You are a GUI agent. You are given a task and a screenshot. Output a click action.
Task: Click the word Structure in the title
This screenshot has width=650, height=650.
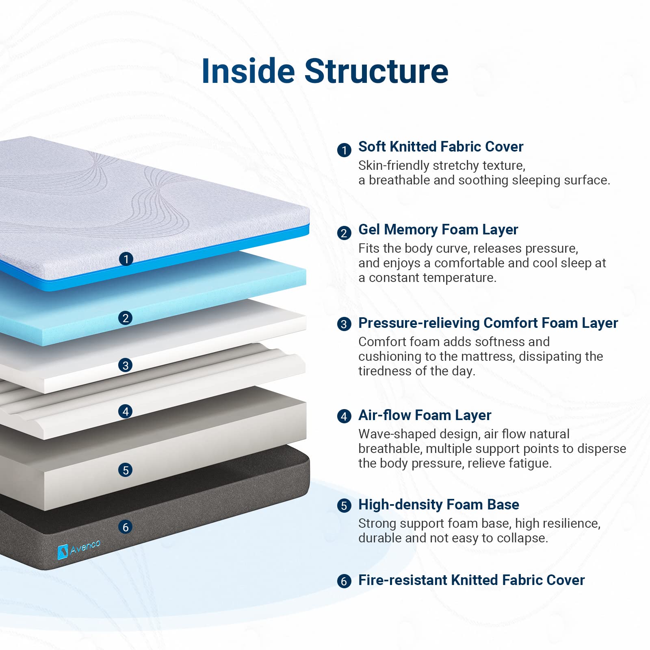pos(376,71)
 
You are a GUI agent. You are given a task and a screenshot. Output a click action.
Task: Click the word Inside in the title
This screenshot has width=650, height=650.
pos(248,71)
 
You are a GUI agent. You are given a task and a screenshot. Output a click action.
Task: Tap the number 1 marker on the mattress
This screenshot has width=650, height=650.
pos(126,259)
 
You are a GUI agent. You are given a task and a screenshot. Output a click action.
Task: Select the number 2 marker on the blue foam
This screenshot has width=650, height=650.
pos(126,318)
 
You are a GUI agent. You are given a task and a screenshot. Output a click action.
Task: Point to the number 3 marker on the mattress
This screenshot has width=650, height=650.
pos(126,365)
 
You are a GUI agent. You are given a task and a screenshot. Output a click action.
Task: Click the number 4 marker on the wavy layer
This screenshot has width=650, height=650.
pos(126,411)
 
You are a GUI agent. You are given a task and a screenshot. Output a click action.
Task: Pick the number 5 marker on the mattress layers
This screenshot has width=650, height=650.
pos(126,470)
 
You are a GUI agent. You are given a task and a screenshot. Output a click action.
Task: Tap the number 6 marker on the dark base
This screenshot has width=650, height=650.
pos(126,527)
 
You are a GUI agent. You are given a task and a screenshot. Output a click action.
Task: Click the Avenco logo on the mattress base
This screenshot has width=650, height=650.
pos(79,549)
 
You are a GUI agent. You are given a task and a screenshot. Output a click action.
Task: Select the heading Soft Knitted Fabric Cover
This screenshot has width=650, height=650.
pos(440,147)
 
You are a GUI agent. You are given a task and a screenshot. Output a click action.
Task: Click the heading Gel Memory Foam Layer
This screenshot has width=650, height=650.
pos(438,230)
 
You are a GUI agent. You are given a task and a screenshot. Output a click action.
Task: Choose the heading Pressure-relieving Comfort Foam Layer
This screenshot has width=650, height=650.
pos(487,323)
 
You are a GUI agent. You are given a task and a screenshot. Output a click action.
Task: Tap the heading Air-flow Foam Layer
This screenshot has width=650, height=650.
pos(425,415)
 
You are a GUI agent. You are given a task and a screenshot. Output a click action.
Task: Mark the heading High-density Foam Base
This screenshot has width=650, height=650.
pos(438,505)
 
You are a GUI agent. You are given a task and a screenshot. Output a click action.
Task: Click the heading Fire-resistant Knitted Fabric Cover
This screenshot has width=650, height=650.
pos(471,580)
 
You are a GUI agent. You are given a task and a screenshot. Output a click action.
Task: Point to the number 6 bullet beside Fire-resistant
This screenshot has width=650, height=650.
pos(344,581)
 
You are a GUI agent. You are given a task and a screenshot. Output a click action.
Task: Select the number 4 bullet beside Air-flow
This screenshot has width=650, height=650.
pos(344,416)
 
